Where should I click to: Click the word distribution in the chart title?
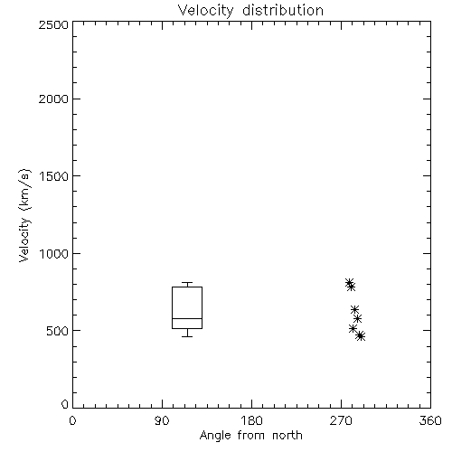point(283,10)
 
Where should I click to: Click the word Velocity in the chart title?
point(205,11)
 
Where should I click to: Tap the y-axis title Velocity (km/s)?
point(24,215)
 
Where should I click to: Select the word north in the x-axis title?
point(287,436)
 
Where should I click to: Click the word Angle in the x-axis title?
point(215,436)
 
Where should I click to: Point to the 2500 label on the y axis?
point(53,24)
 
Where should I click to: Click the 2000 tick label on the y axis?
point(53,99)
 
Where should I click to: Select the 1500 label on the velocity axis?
point(54,176)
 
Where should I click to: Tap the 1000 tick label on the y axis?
point(54,254)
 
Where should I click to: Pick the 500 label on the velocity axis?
point(58,331)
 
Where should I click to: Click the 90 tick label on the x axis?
point(162,420)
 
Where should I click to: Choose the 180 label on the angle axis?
point(251,420)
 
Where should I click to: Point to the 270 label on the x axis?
point(341,420)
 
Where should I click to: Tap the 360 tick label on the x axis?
point(430,420)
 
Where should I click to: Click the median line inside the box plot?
point(187,318)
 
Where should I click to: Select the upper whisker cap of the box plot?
point(187,283)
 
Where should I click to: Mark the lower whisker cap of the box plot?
point(187,336)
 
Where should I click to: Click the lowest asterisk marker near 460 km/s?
point(360,336)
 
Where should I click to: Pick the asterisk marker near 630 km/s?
point(354,309)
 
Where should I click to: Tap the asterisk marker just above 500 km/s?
point(353,328)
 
